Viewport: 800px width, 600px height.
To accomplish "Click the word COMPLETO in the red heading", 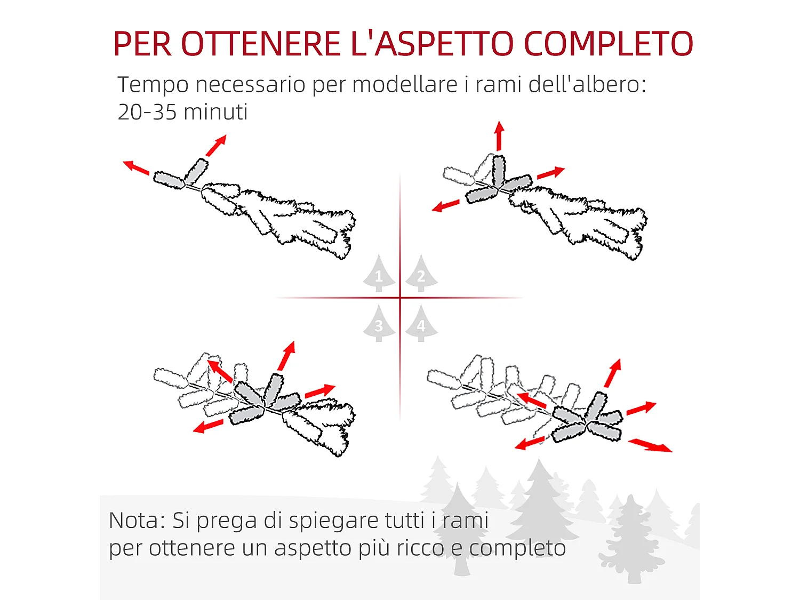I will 609,44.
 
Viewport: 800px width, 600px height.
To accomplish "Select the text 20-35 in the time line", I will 147,113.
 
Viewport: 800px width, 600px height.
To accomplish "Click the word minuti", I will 215,113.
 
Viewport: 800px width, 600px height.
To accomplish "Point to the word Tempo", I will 153,85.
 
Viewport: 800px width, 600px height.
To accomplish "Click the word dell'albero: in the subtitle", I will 587,85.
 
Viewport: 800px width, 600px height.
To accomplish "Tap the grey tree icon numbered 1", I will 379,274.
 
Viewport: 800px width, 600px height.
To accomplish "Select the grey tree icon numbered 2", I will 421,274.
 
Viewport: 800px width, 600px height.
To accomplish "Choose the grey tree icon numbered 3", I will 379,324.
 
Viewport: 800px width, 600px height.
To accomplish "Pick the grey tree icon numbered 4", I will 421,324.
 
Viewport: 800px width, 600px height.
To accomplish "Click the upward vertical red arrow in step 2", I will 499,135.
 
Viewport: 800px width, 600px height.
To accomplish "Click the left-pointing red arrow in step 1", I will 136,167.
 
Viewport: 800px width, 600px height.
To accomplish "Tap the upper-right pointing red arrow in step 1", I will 217,145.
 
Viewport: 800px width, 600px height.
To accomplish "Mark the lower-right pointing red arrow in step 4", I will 650,445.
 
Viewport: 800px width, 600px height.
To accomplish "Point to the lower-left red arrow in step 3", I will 208,426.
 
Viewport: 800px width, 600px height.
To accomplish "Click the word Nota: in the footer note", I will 137,521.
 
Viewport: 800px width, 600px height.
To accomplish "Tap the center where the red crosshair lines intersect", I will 400,298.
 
